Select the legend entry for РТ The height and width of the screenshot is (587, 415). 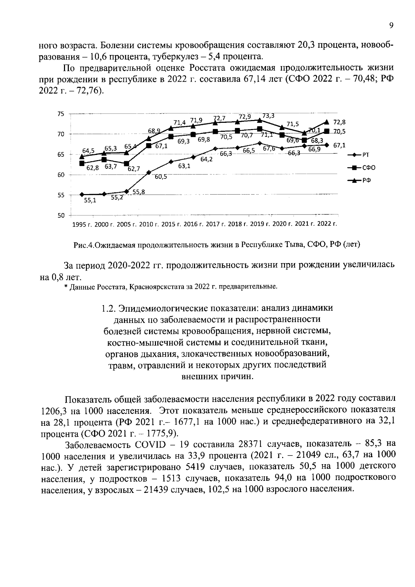click(x=362, y=155)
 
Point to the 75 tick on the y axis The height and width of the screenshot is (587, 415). click(x=61, y=114)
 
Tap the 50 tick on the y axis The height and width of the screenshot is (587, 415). click(x=61, y=216)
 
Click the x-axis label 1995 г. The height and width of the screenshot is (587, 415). click(x=82, y=224)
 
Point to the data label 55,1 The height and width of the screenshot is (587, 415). click(x=90, y=200)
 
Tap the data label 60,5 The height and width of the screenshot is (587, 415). click(x=161, y=177)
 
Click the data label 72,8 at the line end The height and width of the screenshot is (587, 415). click(x=339, y=122)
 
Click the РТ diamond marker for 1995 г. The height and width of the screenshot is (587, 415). click(x=82, y=195)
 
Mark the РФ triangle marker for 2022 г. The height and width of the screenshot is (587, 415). click(x=326, y=122)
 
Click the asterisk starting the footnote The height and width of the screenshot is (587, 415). click(x=66, y=287)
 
